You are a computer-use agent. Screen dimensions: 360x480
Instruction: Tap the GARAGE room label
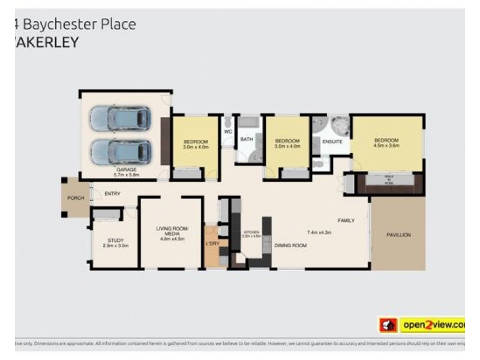[126, 170]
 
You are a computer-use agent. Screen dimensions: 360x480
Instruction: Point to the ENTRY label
[112, 193]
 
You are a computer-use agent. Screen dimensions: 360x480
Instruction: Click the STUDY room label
[115, 240]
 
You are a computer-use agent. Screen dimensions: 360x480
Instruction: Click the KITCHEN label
[251, 232]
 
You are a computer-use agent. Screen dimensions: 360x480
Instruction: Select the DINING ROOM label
[290, 245]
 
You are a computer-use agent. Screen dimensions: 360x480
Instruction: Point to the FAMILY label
[346, 220]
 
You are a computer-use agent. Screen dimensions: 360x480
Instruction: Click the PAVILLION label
[398, 235]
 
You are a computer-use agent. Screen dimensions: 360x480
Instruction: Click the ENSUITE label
[332, 142]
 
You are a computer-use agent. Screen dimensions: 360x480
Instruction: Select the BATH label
[247, 139]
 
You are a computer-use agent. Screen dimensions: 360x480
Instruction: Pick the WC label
[227, 131]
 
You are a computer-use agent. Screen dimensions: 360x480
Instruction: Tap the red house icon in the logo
[387, 325]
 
